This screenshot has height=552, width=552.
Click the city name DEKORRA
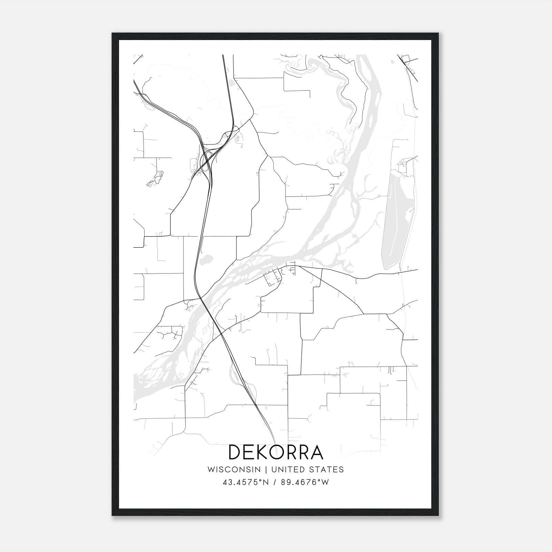[276, 452]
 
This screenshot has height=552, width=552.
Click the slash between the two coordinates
[274, 482]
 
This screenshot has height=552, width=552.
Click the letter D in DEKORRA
[235, 452]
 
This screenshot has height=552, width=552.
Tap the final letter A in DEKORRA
[316, 452]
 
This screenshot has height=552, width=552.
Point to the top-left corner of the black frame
[113, 34]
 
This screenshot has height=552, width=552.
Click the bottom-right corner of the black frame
[438, 515]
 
